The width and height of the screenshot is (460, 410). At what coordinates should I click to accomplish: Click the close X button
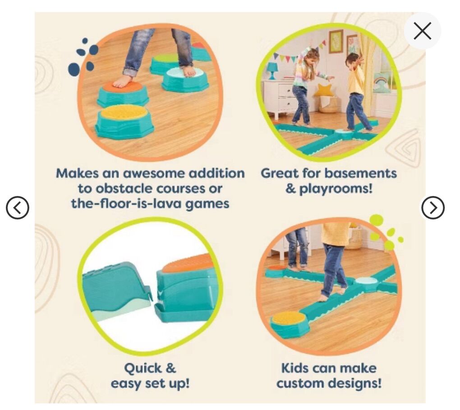tap(422, 31)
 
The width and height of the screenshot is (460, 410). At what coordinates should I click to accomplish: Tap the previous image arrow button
tap(18, 208)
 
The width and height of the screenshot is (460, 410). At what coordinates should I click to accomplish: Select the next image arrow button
tap(433, 208)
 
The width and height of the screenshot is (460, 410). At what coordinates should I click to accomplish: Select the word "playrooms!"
tap(336, 189)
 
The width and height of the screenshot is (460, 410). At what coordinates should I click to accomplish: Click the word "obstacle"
tap(124, 188)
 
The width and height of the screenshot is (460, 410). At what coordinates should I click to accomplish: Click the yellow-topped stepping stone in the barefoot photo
tap(124, 121)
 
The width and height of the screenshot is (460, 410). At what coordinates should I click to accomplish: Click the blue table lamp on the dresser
tap(272, 70)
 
